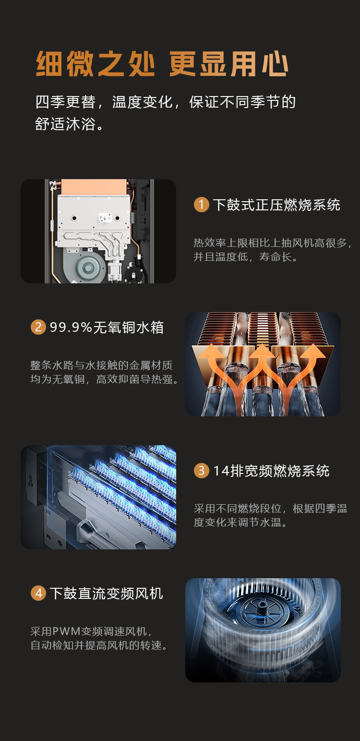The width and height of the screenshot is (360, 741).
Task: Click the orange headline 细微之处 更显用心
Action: click(x=162, y=64)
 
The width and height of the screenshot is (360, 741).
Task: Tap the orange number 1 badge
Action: click(x=201, y=205)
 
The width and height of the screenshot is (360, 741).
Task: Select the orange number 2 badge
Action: click(x=38, y=328)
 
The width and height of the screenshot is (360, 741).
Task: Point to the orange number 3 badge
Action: click(x=201, y=471)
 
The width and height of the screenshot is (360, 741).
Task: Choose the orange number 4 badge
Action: click(x=38, y=594)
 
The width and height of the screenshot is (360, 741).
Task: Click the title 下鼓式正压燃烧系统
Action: click(x=276, y=205)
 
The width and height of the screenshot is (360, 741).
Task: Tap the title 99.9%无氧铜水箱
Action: click(x=107, y=328)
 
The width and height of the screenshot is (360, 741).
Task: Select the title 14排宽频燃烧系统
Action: click(x=271, y=471)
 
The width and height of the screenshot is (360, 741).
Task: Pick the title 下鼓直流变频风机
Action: click(x=106, y=594)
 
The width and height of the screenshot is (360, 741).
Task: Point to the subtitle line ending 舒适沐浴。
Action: click(x=69, y=124)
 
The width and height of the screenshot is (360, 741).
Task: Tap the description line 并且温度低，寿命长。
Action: click(x=246, y=257)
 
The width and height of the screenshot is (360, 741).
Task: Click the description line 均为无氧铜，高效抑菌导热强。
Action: click(x=105, y=379)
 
